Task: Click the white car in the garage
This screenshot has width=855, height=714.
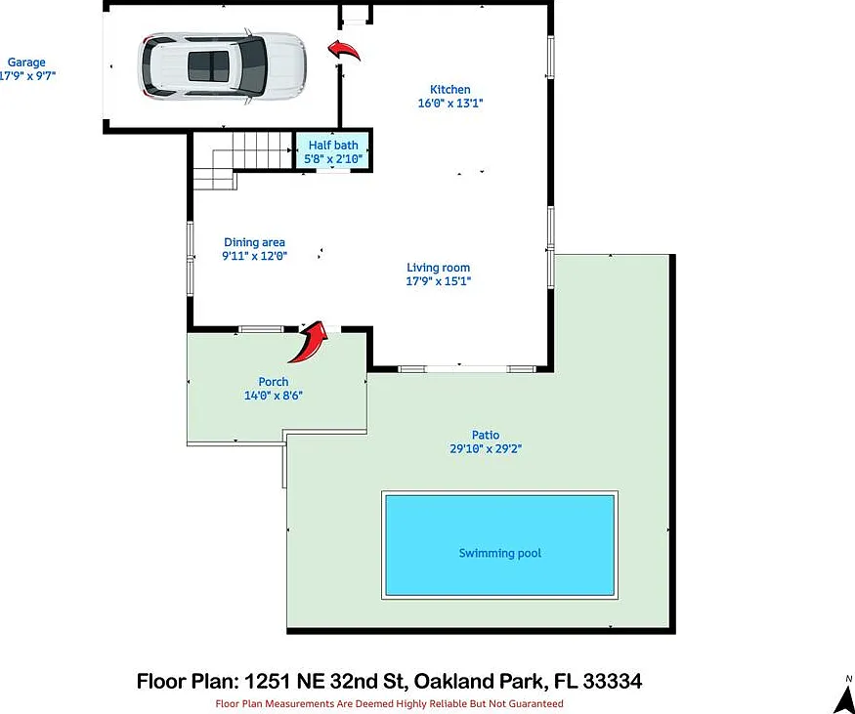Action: pos(222,66)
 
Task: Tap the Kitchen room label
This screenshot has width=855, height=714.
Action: pos(449,90)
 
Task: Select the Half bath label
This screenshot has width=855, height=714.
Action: pos(333,145)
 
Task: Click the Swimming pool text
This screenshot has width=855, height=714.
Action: pos(500,553)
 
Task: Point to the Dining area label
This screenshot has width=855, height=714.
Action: pos(255,242)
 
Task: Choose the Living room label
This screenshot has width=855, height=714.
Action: pos(439,268)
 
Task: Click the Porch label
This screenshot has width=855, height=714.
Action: pos(274,382)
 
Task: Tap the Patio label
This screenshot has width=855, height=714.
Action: pos(486,435)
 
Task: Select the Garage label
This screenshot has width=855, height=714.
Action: pos(26,63)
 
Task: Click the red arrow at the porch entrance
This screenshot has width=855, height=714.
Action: pos(309,342)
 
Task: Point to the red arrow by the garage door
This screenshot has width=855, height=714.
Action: pos(344,50)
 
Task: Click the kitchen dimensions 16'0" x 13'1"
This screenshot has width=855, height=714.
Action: pos(450,103)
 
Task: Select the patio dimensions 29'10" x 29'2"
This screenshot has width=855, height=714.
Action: pos(486,449)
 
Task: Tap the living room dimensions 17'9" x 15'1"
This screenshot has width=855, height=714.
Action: pos(439,281)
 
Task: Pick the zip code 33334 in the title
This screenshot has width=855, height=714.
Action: pos(613,682)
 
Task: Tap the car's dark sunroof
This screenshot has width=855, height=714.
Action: pos(208,66)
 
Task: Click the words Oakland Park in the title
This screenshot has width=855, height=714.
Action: pos(478,682)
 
